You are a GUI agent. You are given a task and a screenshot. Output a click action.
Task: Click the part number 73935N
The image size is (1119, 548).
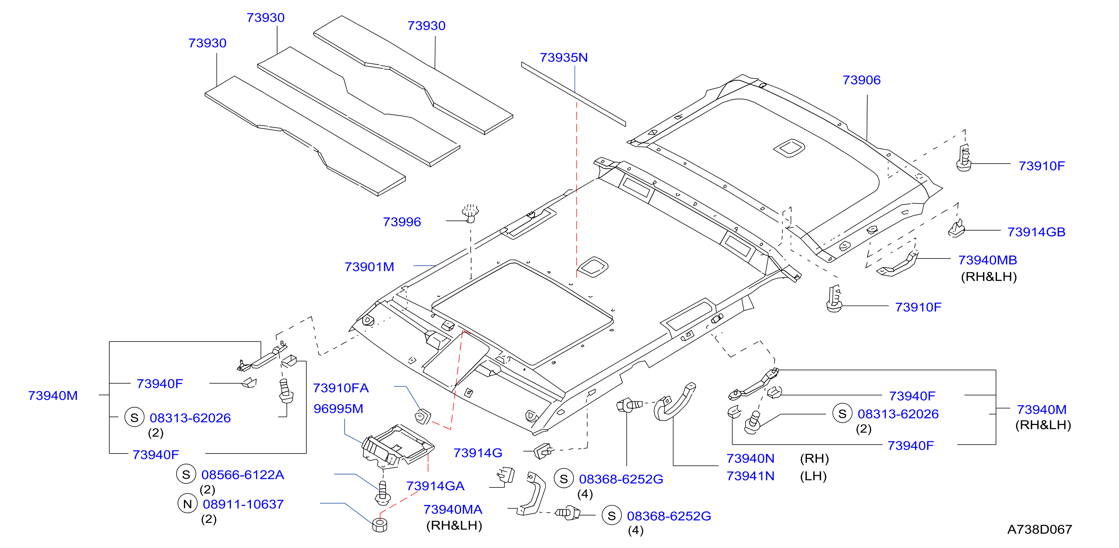(x=563, y=57)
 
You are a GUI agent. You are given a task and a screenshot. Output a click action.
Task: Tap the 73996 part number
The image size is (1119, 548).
(x=402, y=222)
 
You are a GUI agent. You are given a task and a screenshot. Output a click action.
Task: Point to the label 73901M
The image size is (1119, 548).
(x=369, y=267)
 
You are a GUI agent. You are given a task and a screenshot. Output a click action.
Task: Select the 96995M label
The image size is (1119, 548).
(x=338, y=409)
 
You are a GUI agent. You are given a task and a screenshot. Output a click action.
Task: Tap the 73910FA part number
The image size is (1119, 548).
(x=341, y=388)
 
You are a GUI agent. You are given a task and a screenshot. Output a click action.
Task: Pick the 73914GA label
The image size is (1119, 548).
(x=435, y=486)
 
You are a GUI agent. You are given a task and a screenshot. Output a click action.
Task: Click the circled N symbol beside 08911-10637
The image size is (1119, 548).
(x=187, y=504)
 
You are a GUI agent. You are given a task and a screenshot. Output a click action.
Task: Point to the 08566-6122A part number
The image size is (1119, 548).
(x=242, y=475)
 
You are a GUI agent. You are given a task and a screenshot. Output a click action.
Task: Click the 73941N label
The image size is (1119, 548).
(x=750, y=476)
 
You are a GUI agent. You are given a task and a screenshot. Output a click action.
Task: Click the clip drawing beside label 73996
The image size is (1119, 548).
(x=470, y=213)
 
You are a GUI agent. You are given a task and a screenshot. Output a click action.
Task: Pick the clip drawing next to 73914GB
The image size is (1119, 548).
(x=956, y=229)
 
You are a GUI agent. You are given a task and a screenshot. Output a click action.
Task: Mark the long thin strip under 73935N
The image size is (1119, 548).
(x=573, y=94)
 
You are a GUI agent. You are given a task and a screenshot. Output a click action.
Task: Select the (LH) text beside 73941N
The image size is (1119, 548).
(x=813, y=476)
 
